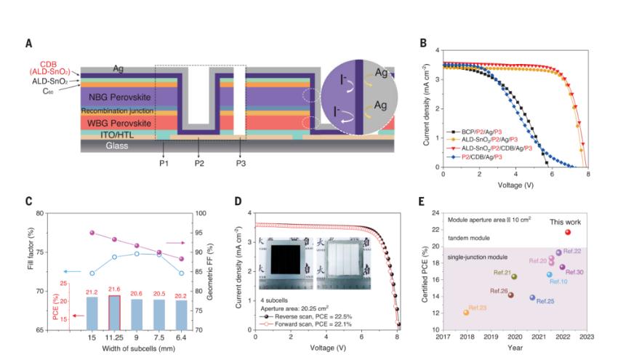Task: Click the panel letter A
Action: [x=29, y=44]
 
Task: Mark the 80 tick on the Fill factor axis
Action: [x=60, y=215]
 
